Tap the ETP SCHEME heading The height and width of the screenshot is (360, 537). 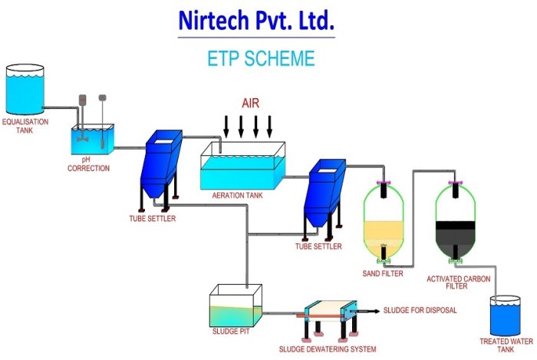[261, 58]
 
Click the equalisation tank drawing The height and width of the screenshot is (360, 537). [26, 90]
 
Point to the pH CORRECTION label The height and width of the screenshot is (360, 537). [88, 164]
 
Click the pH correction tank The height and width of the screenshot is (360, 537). [92, 140]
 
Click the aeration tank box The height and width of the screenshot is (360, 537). [242, 167]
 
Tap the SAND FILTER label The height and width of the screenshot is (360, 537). [382, 273]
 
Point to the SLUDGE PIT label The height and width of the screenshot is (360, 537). [230, 332]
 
